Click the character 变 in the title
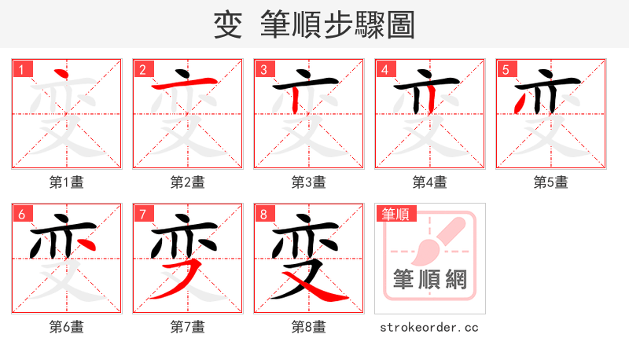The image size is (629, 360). coord(227,25)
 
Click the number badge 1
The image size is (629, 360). coord(21,68)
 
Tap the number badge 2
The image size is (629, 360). coord(142,68)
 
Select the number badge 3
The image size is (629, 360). coord(263,68)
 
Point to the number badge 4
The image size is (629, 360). coord(384,68)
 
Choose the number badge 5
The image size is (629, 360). coord(506,68)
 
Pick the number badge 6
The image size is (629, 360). coord(21,213)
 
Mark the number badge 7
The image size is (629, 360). coord(142,213)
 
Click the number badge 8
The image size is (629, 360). coord(263,213)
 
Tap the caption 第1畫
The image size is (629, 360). coord(66,182)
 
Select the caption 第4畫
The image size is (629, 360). coord(429,182)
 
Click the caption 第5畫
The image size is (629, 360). coord(550,182)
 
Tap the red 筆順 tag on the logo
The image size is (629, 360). coord(396,213)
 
